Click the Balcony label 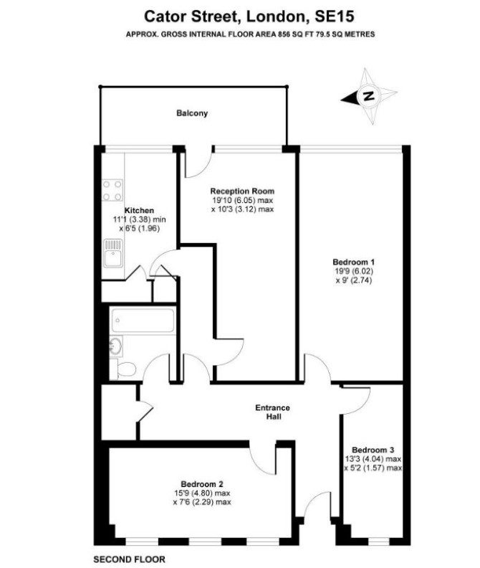coord(192,113)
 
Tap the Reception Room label coord(243,191)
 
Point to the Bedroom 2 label coord(202,484)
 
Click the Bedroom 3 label coord(373,450)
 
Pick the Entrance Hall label coord(272,412)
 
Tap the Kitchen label coord(140,210)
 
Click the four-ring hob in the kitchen coord(112,191)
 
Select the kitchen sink coord(113,253)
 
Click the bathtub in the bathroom coord(143,321)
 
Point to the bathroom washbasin coord(116,346)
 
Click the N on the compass coord(369,96)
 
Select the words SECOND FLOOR coord(129,559)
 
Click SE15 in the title coord(335,16)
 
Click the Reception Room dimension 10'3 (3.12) coord(242,209)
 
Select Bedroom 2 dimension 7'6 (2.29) coord(202,502)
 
